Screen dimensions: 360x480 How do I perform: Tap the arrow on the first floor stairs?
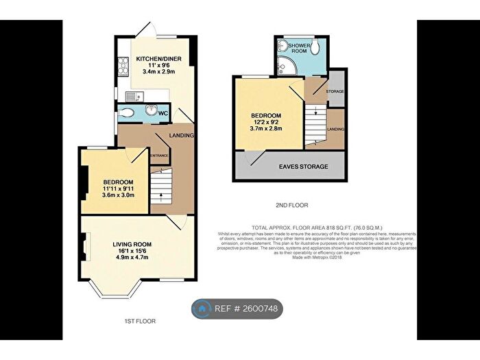coord(160,195)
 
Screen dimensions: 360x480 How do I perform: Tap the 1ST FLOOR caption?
coord(141,321)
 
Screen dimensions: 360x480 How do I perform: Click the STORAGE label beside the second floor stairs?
coord(335,91)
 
